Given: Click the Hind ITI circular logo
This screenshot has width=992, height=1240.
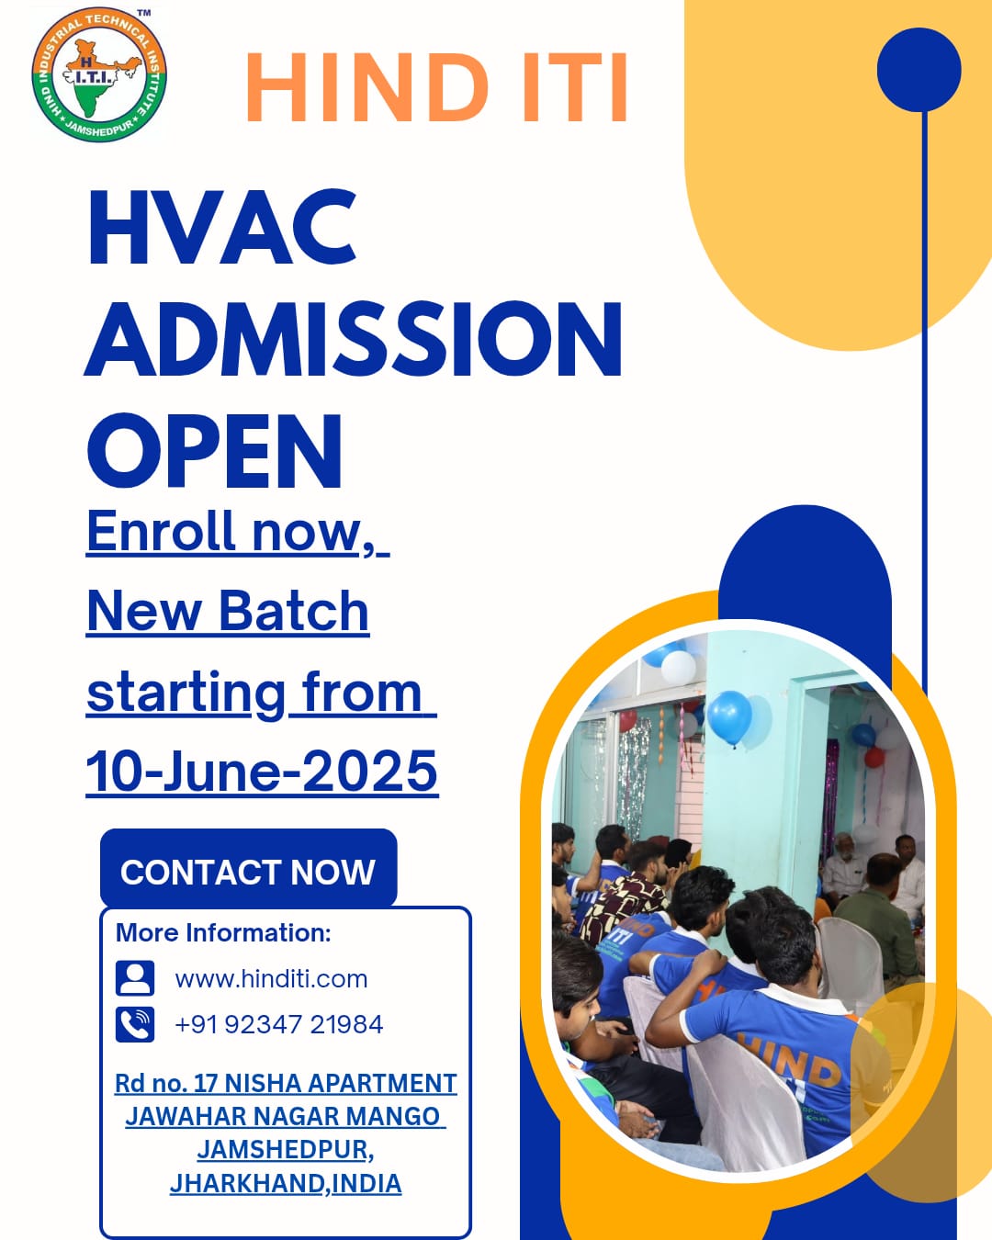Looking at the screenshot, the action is point(99,75).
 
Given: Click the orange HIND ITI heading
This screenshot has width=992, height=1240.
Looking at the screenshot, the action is point(436,87).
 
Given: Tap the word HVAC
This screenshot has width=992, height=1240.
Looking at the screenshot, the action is point(222,227).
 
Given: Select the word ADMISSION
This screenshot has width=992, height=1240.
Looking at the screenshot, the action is point(354,339).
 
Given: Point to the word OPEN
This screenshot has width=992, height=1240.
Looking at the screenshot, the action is point(215,451).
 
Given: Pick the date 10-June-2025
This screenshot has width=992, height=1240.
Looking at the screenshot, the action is point(263,772).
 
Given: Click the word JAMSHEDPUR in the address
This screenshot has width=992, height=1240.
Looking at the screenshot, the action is point(283,1150).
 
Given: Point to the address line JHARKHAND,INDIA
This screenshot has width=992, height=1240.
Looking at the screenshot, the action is point(286,1183).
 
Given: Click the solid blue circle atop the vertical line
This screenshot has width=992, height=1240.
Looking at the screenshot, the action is point(919,70).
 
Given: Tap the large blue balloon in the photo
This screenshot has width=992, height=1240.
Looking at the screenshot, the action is point(729,717).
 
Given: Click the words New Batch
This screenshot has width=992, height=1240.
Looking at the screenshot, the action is point(228,612).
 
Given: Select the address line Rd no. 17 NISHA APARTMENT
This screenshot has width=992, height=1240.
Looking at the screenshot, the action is point(286,1083).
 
